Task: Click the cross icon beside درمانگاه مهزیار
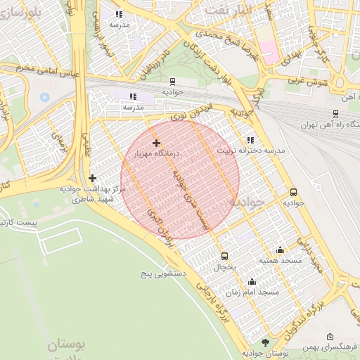pos(155,143)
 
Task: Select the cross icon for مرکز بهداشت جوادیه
pos(92,178)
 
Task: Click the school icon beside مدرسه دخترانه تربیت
pos(251,140)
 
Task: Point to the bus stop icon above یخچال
pos(224,256)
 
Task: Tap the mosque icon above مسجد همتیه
pos(281,250)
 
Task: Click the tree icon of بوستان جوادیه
pos(265,342)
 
